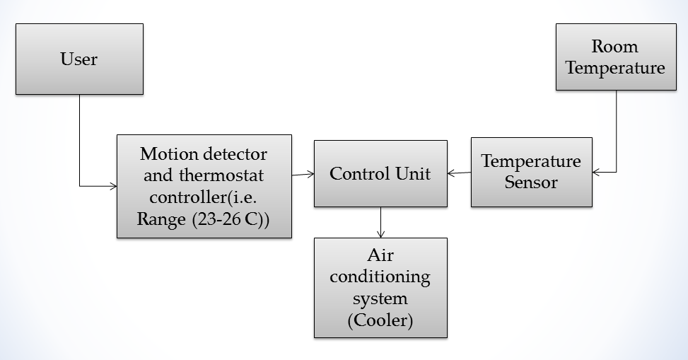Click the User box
click(79, 59)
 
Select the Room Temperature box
click(615, 57)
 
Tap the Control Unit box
click(380, 173)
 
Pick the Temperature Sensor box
click(531, 172)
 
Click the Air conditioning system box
click(380, 287)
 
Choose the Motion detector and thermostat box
click(204, 186)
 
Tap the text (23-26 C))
click(231, 220)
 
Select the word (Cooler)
click(380, 320)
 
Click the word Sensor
click(531, 182)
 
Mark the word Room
click(614, 47)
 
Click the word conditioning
click(380, 277)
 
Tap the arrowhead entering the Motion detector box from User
click(113, 187)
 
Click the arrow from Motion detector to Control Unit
click(303, 173)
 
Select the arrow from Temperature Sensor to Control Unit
click(459, 173)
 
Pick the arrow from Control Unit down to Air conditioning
click(381, 222)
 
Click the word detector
click(235, 154)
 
